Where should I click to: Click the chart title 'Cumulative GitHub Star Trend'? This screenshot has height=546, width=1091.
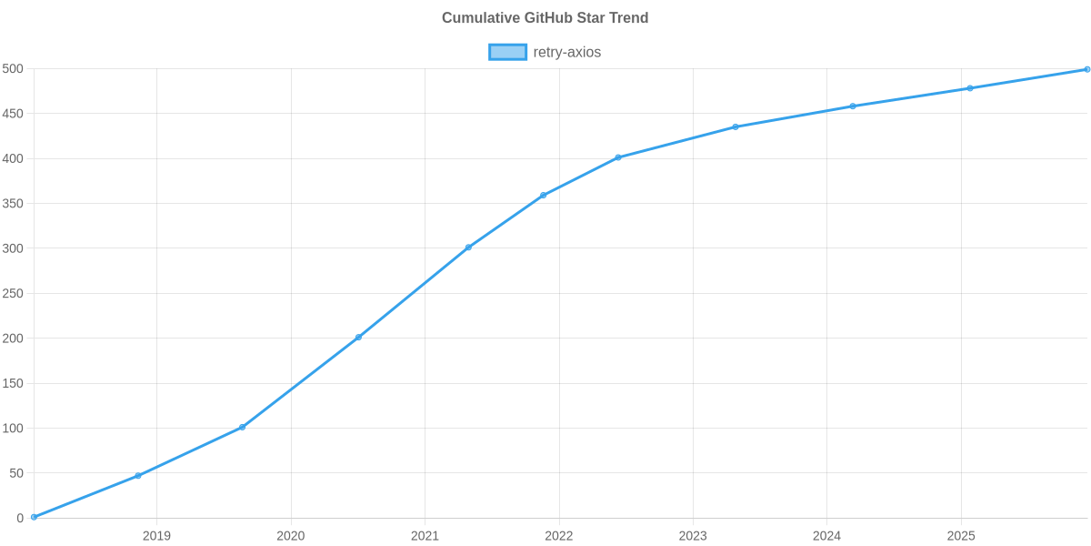point(545,18)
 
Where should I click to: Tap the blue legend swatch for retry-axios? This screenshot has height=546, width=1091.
point(507,52)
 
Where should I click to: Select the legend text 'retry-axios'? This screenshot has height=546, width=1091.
point(566,52)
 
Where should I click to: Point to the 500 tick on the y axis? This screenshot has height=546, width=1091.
point(13,69)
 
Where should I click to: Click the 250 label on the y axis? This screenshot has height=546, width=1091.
point(13,294)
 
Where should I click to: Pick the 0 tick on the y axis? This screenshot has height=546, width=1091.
point(19,518)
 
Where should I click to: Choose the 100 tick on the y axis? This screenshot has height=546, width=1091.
point(13,429)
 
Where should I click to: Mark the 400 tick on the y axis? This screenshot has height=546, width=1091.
point(13,159)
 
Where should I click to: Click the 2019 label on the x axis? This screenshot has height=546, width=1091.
point(156,536)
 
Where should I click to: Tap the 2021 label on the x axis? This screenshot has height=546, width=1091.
point(425,536)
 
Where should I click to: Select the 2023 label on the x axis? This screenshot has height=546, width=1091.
point(693,536)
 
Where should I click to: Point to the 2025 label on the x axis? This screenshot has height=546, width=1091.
point(961,536)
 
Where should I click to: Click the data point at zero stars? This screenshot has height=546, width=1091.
point(34,517)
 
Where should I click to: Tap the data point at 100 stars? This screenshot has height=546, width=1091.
point(242,427)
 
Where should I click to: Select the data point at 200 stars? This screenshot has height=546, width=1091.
point(358,338)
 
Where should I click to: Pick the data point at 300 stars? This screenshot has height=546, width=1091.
point(468,248)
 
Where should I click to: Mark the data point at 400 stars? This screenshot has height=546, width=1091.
point(617,157)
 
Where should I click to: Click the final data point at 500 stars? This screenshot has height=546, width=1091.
point(1087,69)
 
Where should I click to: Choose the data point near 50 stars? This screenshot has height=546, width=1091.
point(138,476)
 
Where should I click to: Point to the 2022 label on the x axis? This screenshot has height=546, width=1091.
point(558,536)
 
